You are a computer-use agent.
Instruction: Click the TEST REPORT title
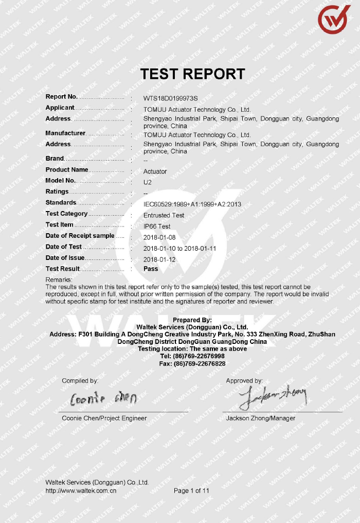pyautogui.click(x=193, y=74)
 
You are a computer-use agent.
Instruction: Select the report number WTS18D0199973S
pyautogui.click(x=170, y=98)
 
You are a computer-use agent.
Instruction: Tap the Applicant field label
pyautogui.click(x=60, y=108)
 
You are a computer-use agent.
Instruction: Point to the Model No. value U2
pyautogui.click(x=148, y=182)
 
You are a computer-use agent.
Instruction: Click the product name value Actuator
pyautogui.click(x=155, y=171)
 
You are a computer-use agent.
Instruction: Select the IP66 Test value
pyautogui.click(x=157, y=226)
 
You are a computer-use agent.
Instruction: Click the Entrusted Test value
pyautogui.click(x=164, y=215)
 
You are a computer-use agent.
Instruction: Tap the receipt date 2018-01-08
pyautogui.click(x=159, y=237)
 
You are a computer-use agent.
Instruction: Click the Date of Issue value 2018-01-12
pyautogui.click(x=159, y=259)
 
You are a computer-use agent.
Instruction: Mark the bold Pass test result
pyautogui.click(x=151, y=269)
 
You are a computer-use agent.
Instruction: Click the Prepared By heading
pyautogui.click(x=192, y=320)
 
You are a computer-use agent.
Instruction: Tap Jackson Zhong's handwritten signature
pyautogui.click(x=273, y=396)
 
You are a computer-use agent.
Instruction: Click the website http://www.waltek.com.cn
pyautogui.click(x=81, y=491)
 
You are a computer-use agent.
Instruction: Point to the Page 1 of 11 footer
pyautogui.click(x=192, y=491)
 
